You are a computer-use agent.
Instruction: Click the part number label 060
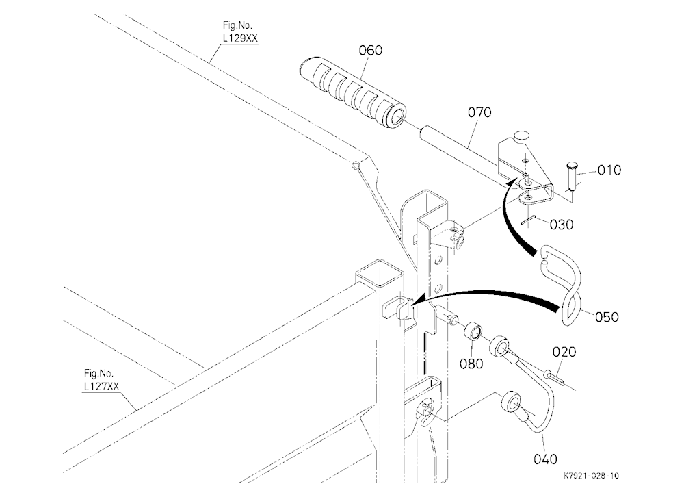[370, 50]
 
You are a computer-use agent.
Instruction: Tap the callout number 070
[479, 112]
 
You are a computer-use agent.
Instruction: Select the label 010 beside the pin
[609, 170]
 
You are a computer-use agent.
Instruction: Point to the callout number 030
[561, 225]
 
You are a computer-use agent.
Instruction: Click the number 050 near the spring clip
[606, 317]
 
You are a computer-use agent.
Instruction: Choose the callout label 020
[564, 352]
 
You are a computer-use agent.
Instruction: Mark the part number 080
[471, 364]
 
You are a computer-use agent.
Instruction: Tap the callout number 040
[545, 459]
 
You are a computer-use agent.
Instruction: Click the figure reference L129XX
[240, 38]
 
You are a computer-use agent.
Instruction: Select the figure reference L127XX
[101, 387]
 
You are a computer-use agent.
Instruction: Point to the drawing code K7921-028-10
[591, 476]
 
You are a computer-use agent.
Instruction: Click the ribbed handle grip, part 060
[352, 92]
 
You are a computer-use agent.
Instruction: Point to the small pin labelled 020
[553, 377]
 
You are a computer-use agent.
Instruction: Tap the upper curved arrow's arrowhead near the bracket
[515, 181]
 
